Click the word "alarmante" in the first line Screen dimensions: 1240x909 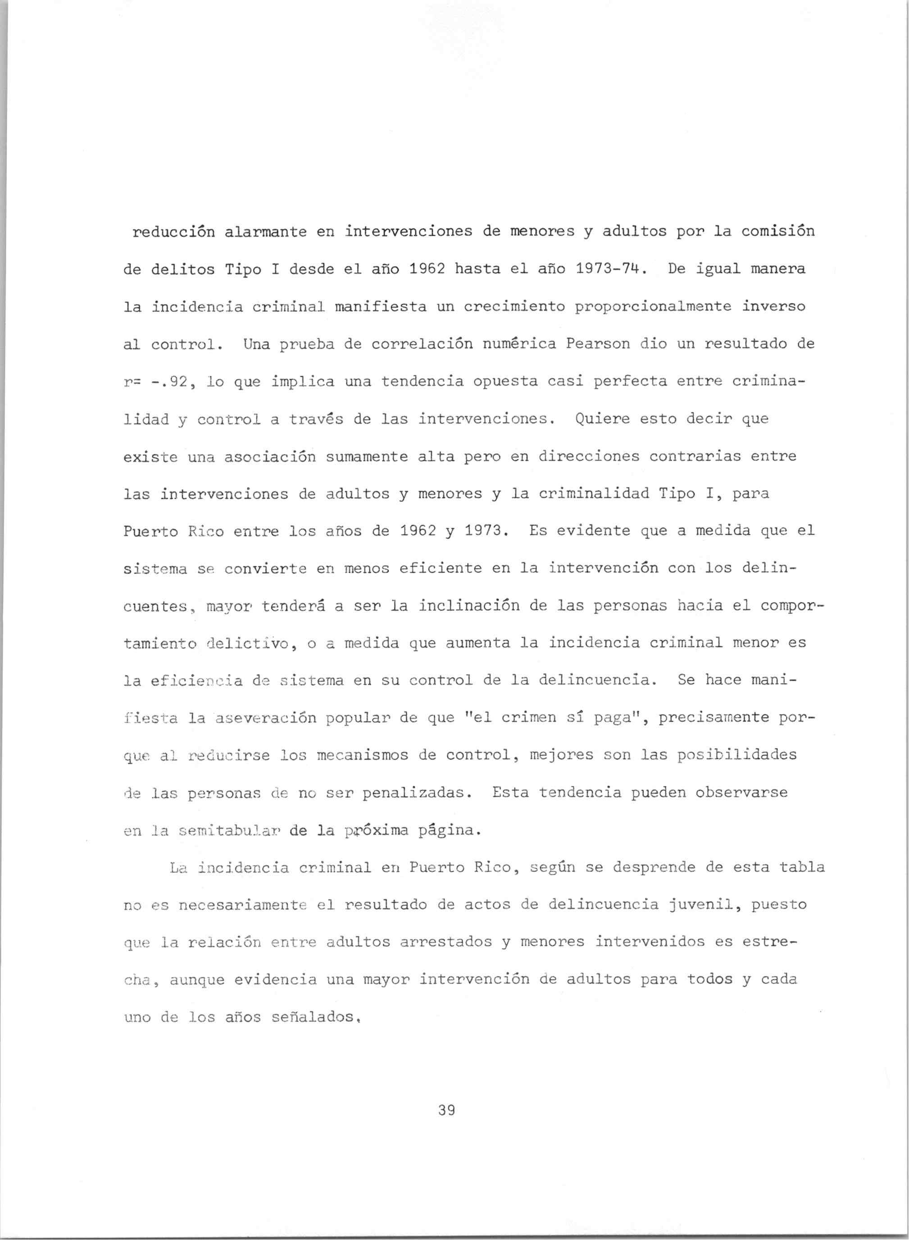click(x=265, y=232)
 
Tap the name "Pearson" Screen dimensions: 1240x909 click(x=598, y=344)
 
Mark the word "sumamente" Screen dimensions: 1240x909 click(x=367, y=456)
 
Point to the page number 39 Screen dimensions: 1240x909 click(x=447, y=1111)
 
